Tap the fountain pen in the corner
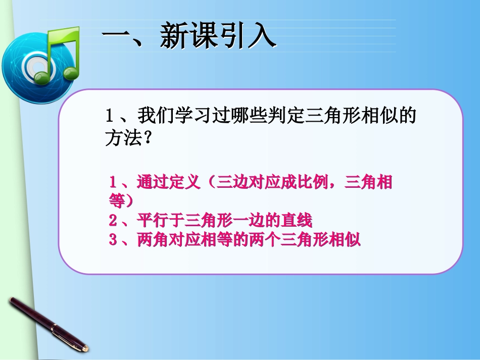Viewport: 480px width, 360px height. (48, 324)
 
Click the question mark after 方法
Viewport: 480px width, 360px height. (147, 138)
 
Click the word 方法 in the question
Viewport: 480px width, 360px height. (121, 138)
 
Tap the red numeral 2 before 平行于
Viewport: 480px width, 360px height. (113, 221)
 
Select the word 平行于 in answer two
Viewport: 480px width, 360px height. (160, 221)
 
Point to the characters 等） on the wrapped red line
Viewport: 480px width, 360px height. (121, 200)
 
